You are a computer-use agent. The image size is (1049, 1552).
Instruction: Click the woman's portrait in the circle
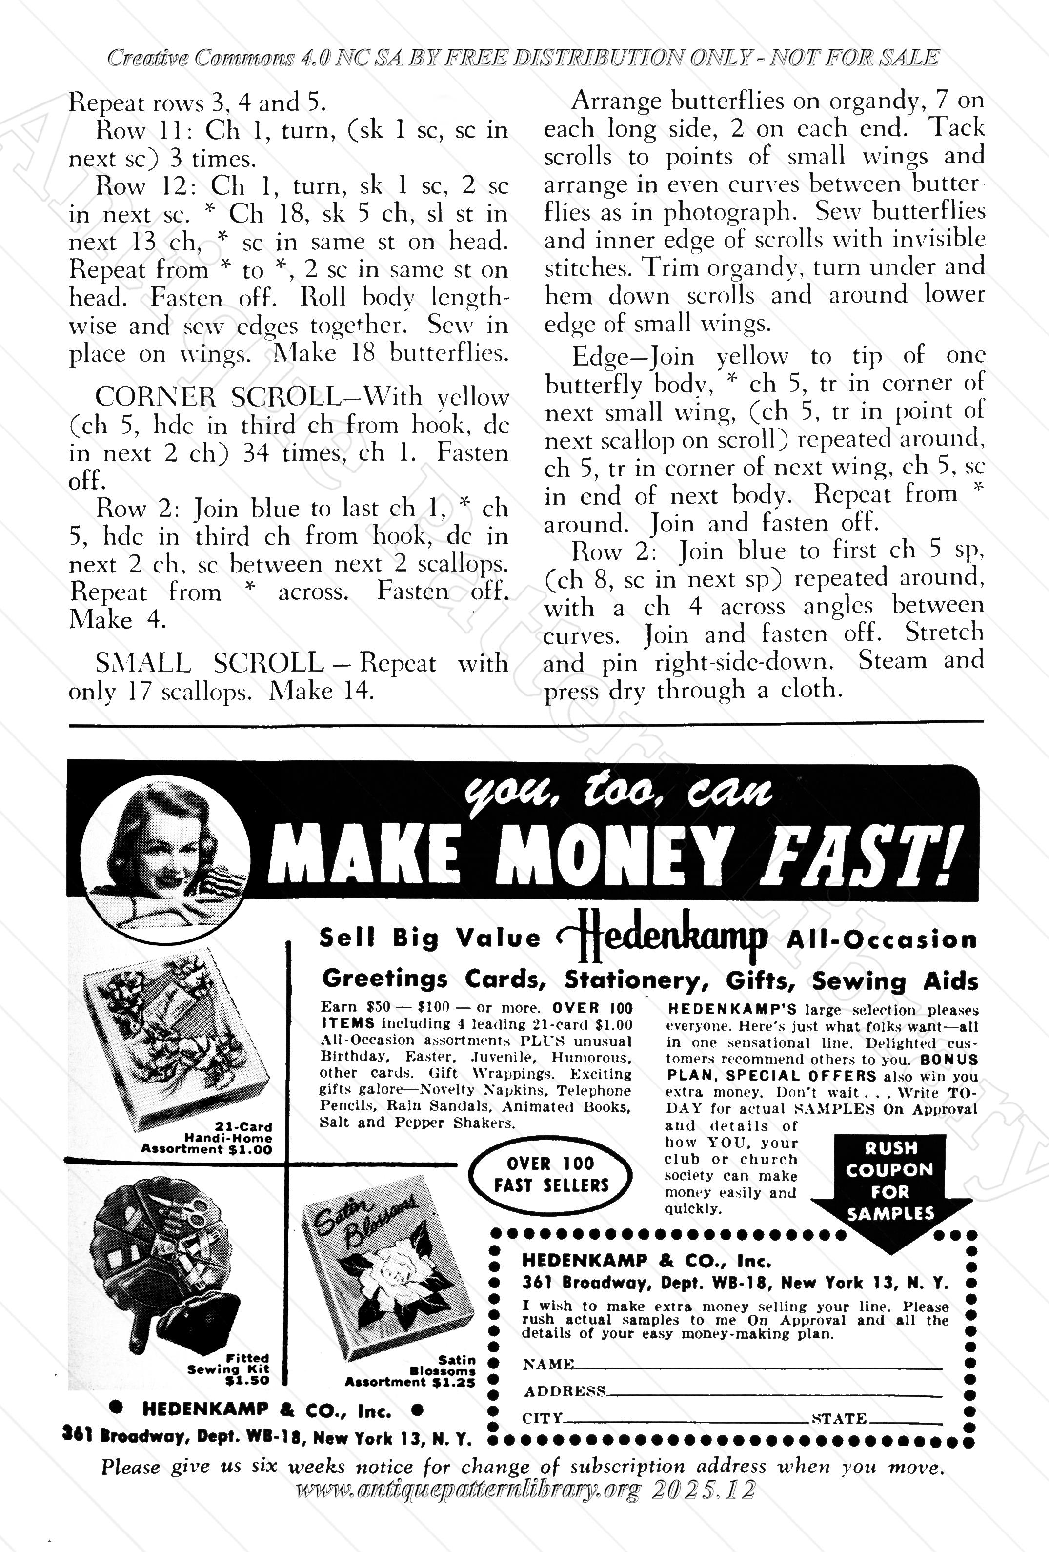(165, 858)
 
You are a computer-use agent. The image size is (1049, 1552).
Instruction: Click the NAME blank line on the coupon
(758, 1366)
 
